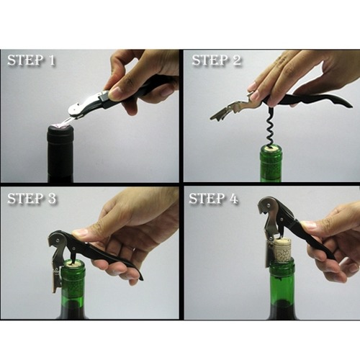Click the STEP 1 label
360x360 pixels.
(32, 60)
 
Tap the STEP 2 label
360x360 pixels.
(216, 60)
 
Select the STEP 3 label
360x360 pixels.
(32, 199)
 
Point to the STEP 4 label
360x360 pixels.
(213, 199)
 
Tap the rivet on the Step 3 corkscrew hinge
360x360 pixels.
(57, 239)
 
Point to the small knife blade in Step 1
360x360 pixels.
(69, 121)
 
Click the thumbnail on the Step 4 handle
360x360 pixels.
(308, 225)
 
